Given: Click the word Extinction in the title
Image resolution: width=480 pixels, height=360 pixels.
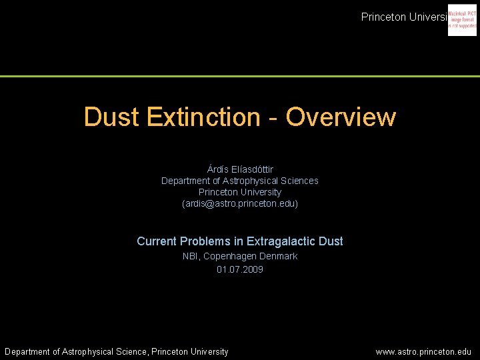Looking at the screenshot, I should point(203,117).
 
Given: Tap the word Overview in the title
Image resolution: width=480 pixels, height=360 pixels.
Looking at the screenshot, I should point(341,117).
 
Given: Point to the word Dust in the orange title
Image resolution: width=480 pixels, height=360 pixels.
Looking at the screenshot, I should point(112,117).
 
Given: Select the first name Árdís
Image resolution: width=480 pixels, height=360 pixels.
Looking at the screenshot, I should point(219,169).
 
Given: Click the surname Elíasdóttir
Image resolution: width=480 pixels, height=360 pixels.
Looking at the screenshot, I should point(253,169).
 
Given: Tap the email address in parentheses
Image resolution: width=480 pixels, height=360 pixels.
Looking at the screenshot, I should point(240,203).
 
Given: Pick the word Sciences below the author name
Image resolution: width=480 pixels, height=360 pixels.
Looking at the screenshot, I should point(299,181).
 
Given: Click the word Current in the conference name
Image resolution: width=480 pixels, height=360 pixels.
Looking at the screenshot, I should point(157,241).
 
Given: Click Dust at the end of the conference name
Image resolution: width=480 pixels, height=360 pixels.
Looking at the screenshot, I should point(330,241).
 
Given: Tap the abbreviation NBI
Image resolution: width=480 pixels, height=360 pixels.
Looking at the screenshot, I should point(191,257).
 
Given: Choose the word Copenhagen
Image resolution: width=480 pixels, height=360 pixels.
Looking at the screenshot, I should point(228,257).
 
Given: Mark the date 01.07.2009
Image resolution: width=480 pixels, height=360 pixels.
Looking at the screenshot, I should point(240,270).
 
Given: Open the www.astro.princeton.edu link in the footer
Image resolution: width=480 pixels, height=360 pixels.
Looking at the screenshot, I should point(423,352).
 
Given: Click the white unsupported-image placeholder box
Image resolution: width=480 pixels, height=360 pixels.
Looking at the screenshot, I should point(462,21).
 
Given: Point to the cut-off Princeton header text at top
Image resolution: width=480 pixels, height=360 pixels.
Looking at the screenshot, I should point(403,17).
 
